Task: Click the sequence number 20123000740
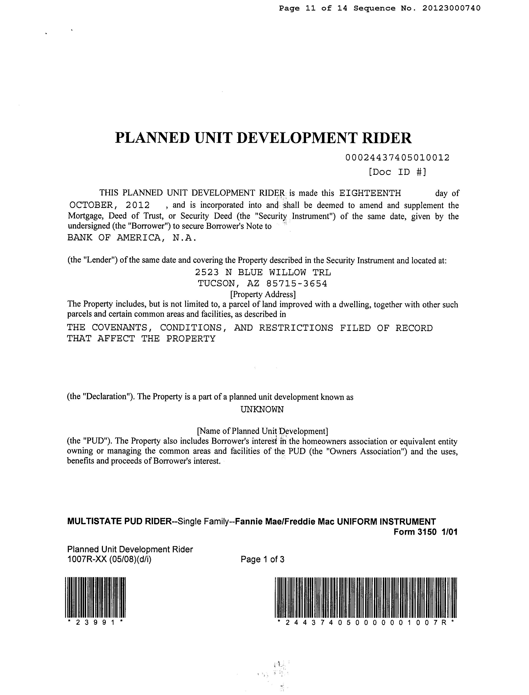tap(451, 8)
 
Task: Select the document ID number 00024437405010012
tap(397, 158)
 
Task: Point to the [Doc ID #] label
tap(397, 172)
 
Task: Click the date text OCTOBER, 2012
tap(110, 205)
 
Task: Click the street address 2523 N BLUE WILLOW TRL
tap(263, 272)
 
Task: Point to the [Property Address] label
tap(263, 294)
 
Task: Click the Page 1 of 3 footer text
tap(262, 560)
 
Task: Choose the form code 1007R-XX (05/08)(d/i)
tap(109, 560)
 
